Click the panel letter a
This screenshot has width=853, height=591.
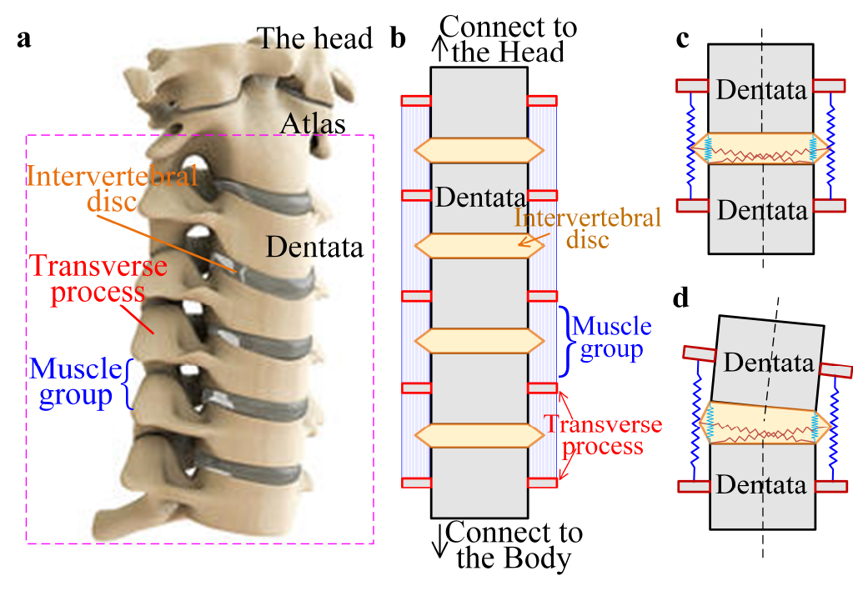pyautogui.click(x=24, y=39)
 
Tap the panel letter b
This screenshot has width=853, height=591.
pyautogui.click(x=399, y=39)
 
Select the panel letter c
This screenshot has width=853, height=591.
pyautogui.click(x=683, y=39)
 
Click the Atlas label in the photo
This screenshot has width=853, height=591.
pyautogui.click(x=312, y=123)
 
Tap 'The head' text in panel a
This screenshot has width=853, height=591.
pyautogui.click(x=314, y=38)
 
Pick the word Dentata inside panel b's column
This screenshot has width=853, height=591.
pyautogui.click(x=479, y=198)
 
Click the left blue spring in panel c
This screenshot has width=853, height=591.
pyautogui.click(x=688, y=146)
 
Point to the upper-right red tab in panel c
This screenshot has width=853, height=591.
pyautogui.click(x=830, y=85)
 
